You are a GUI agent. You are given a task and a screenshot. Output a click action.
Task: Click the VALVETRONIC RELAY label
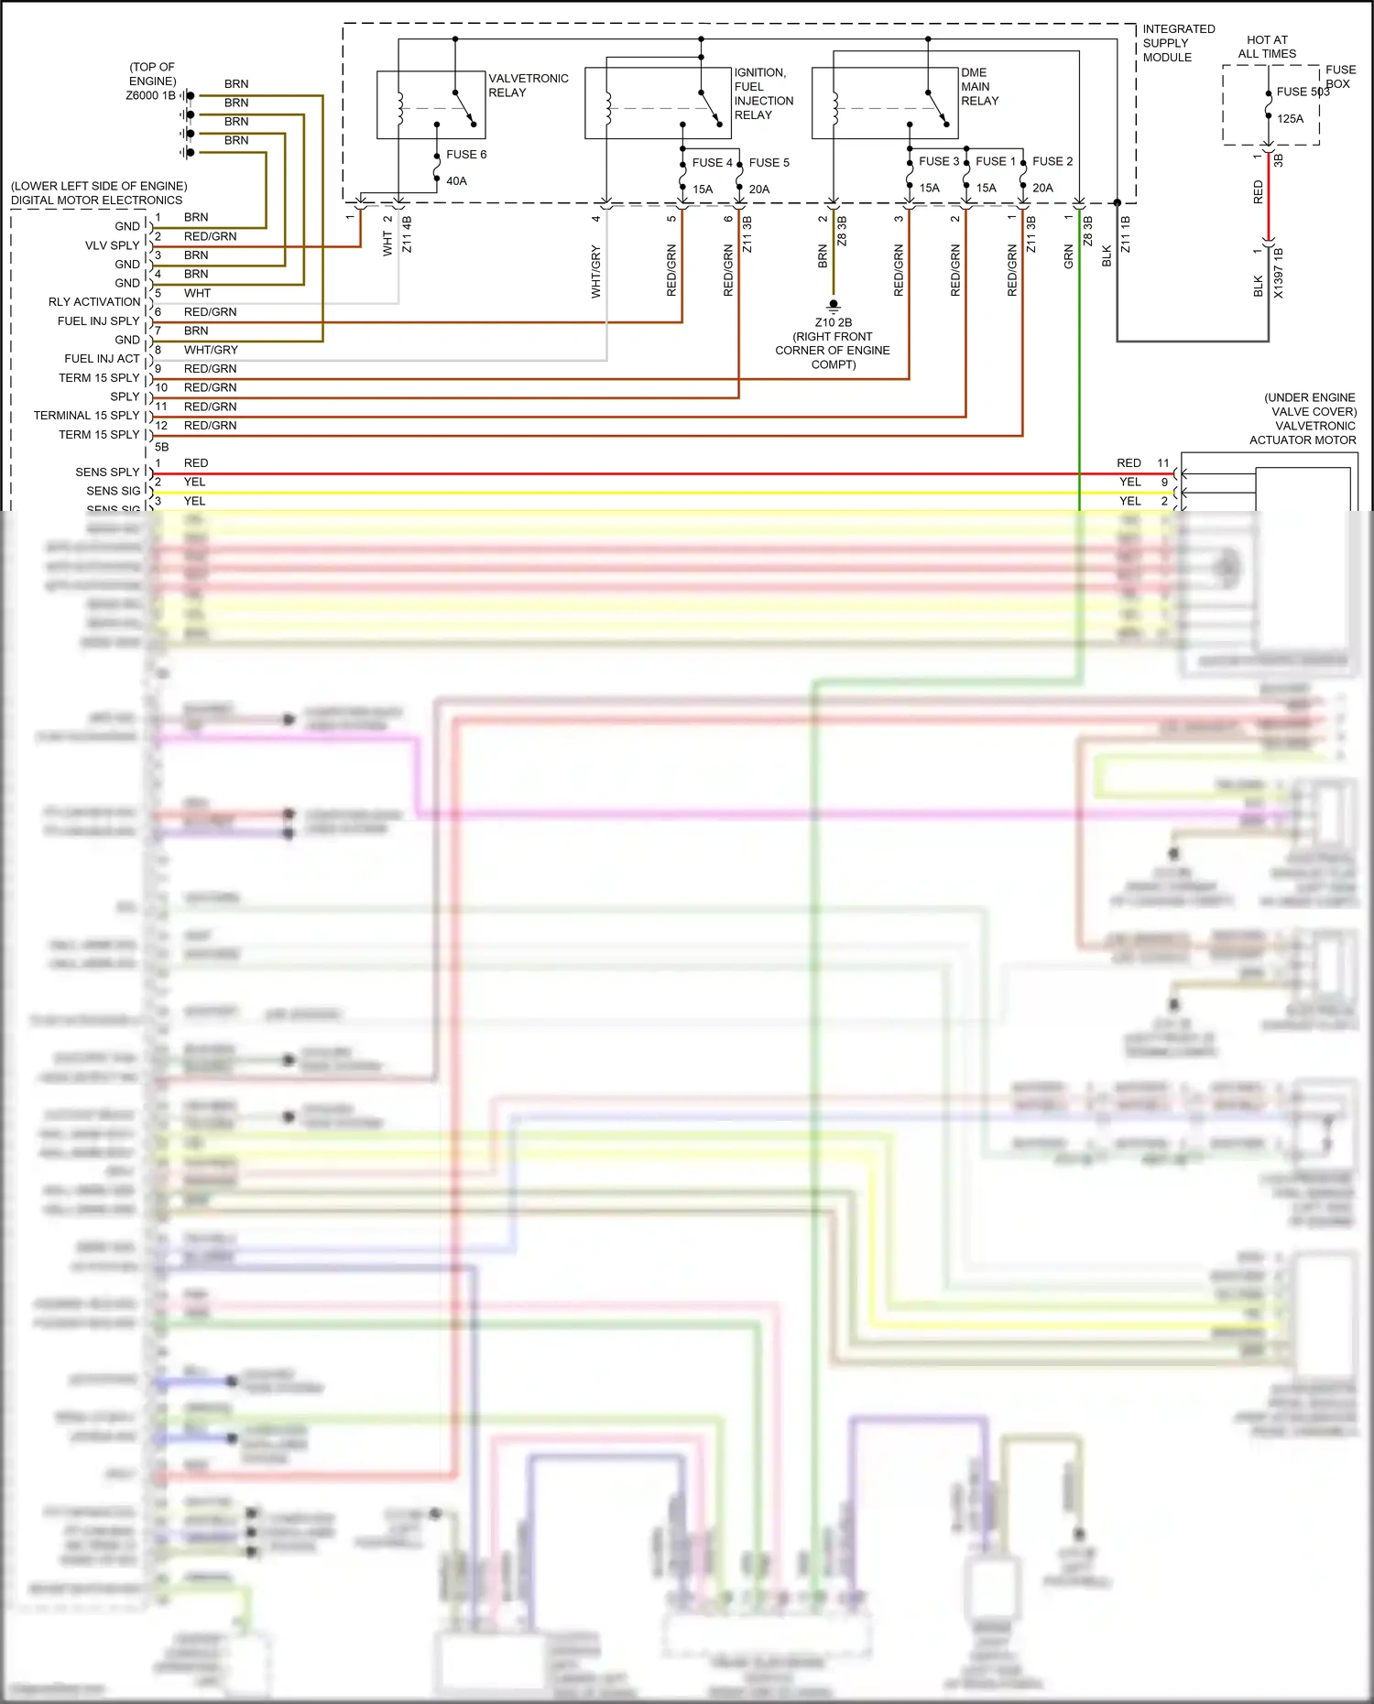coord(528,85)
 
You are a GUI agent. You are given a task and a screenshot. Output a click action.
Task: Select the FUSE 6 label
coord(466,154)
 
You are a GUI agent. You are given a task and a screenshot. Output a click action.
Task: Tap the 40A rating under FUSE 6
coord(456,181)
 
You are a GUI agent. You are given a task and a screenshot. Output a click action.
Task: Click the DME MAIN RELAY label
coord(979,86)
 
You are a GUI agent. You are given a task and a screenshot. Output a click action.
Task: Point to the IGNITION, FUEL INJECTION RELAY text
coord(763,93)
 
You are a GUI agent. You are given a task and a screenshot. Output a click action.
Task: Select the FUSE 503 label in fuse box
coord(1303,92)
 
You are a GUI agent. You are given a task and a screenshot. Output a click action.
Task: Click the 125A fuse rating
coord(1290,118)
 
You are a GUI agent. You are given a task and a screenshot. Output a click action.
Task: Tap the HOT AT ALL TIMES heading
coord(1267,47)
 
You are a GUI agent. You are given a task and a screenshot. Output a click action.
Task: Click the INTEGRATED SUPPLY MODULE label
coord(1178,43)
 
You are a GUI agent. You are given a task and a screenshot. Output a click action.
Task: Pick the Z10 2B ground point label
coord(833,322)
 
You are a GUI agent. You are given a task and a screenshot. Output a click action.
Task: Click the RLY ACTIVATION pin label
coord(94,302)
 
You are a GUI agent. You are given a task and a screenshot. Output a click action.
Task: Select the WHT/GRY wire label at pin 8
coord(211,350)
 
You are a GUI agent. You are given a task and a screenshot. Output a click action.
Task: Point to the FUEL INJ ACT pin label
coord(102,359)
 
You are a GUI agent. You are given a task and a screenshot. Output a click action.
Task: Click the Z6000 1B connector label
coord(150,95)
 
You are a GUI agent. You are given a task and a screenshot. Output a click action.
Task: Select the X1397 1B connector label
coord(1278,273)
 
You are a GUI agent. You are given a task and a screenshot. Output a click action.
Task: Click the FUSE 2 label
coord(1052,161)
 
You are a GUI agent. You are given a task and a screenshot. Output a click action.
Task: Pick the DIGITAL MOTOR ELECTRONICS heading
coord(96,200)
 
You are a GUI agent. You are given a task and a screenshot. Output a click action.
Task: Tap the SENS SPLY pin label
coord(107,472)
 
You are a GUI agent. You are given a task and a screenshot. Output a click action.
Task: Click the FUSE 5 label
coord(769,163)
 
